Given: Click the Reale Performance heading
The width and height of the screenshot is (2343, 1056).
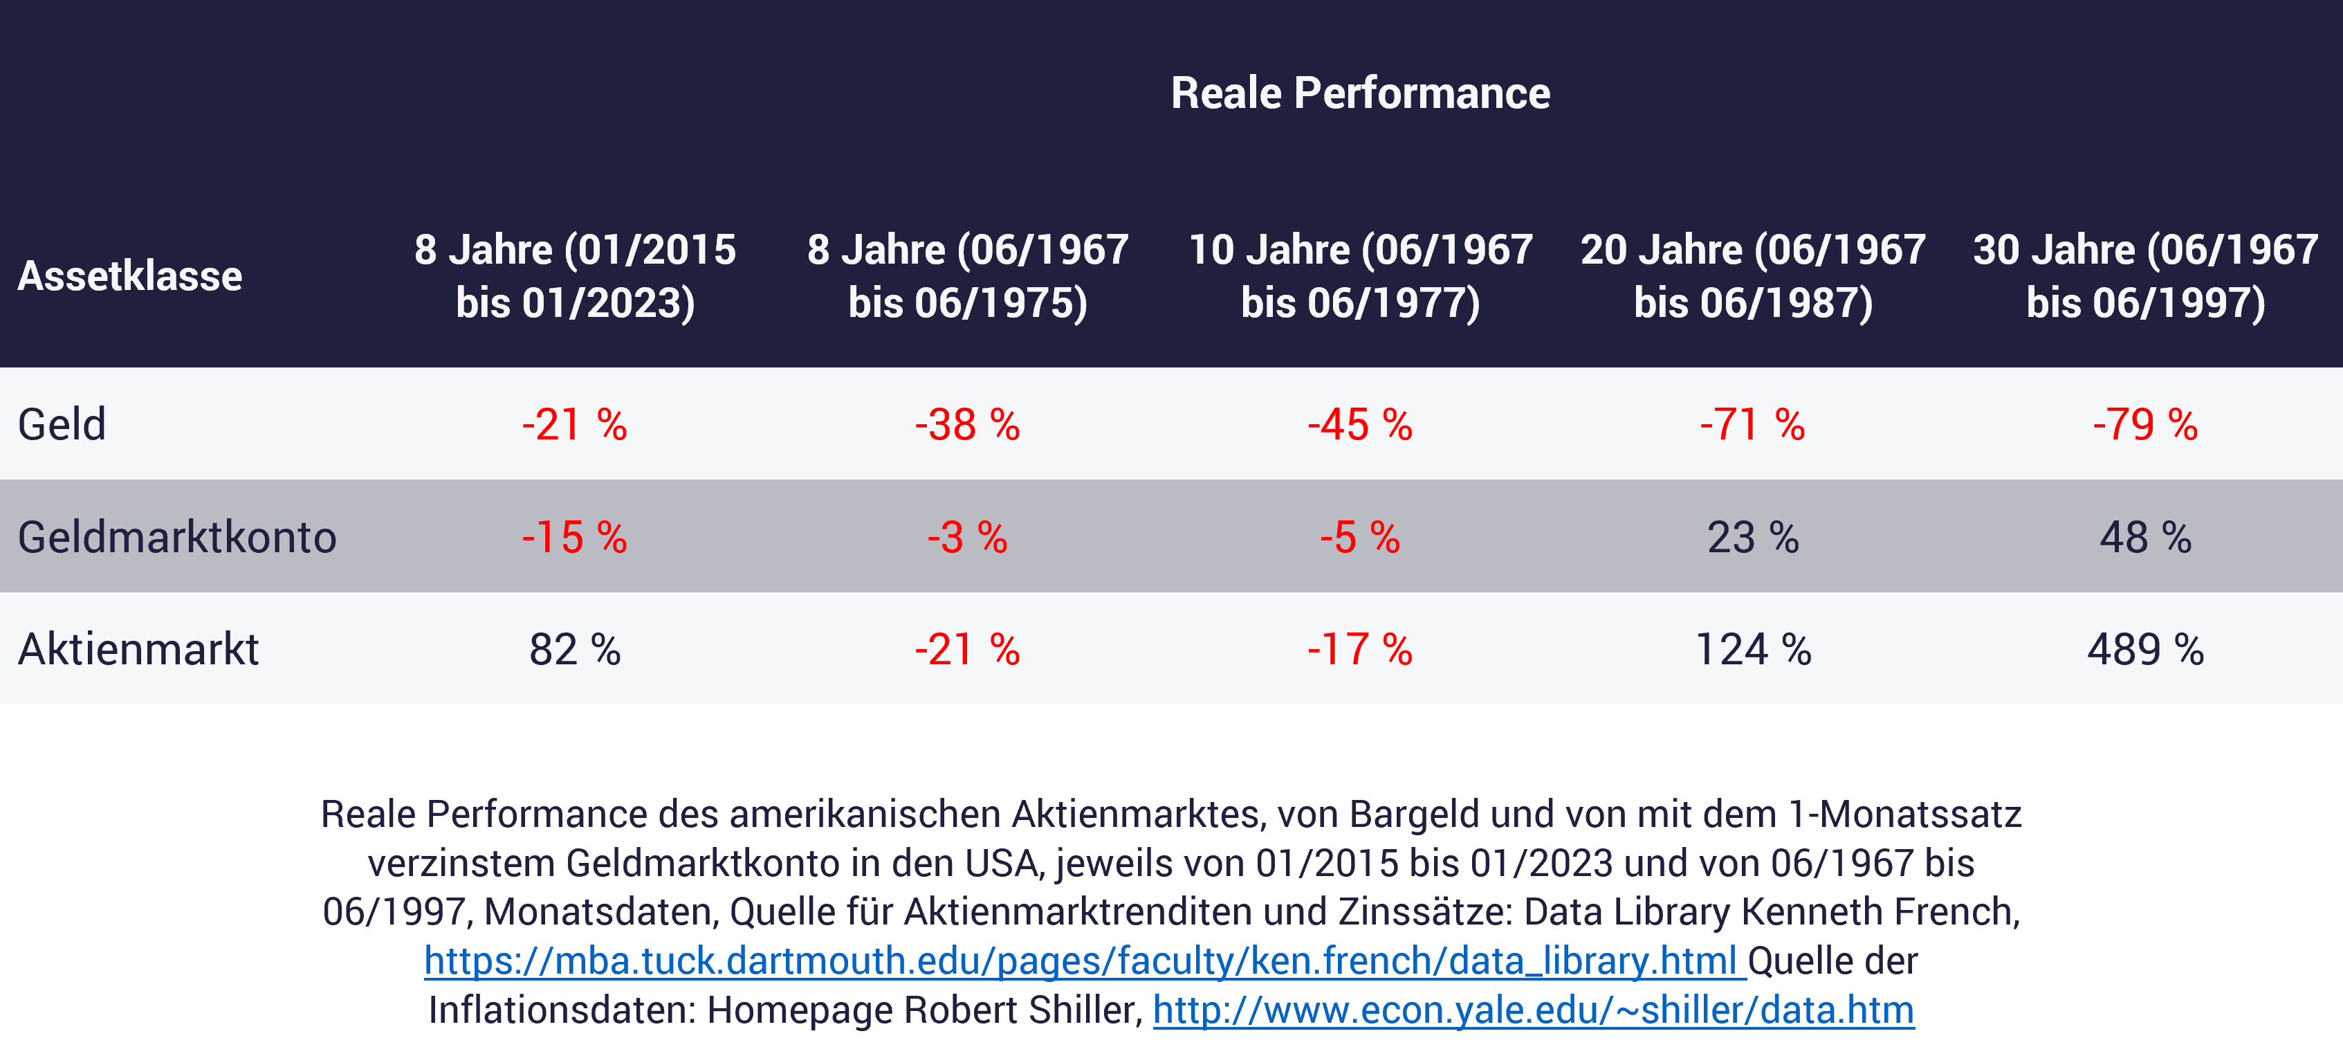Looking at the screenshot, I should tap(1360, 93).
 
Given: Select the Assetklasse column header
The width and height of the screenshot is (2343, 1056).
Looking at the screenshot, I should tap(130, 275).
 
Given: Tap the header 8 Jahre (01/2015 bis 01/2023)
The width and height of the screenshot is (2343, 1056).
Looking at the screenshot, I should tap(575, 275).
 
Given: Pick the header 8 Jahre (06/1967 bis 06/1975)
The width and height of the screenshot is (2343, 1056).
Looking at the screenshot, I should tap(967, 275).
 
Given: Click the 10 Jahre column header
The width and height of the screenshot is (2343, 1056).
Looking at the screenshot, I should tap(1360, 275).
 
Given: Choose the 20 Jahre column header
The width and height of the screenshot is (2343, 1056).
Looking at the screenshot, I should tap(1753, 275).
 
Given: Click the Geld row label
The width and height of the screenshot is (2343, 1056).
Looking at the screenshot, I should tap(62, 424).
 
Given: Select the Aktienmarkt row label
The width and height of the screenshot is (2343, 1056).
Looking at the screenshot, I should tap(138, 649).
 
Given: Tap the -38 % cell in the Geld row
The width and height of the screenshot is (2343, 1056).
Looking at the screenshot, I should tap(967, 425).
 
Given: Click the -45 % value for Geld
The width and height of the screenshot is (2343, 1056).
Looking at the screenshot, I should tap(1360, 425).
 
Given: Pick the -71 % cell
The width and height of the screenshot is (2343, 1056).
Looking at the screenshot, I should tap(1753, 425).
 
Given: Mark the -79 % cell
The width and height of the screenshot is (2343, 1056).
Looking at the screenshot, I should tap(2144, 425).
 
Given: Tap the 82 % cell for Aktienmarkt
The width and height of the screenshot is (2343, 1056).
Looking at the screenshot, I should tap(575, 649).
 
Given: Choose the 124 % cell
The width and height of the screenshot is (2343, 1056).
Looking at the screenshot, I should tap(1753, 649).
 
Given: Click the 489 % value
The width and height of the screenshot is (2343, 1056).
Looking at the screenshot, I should tap(2144, 649).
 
